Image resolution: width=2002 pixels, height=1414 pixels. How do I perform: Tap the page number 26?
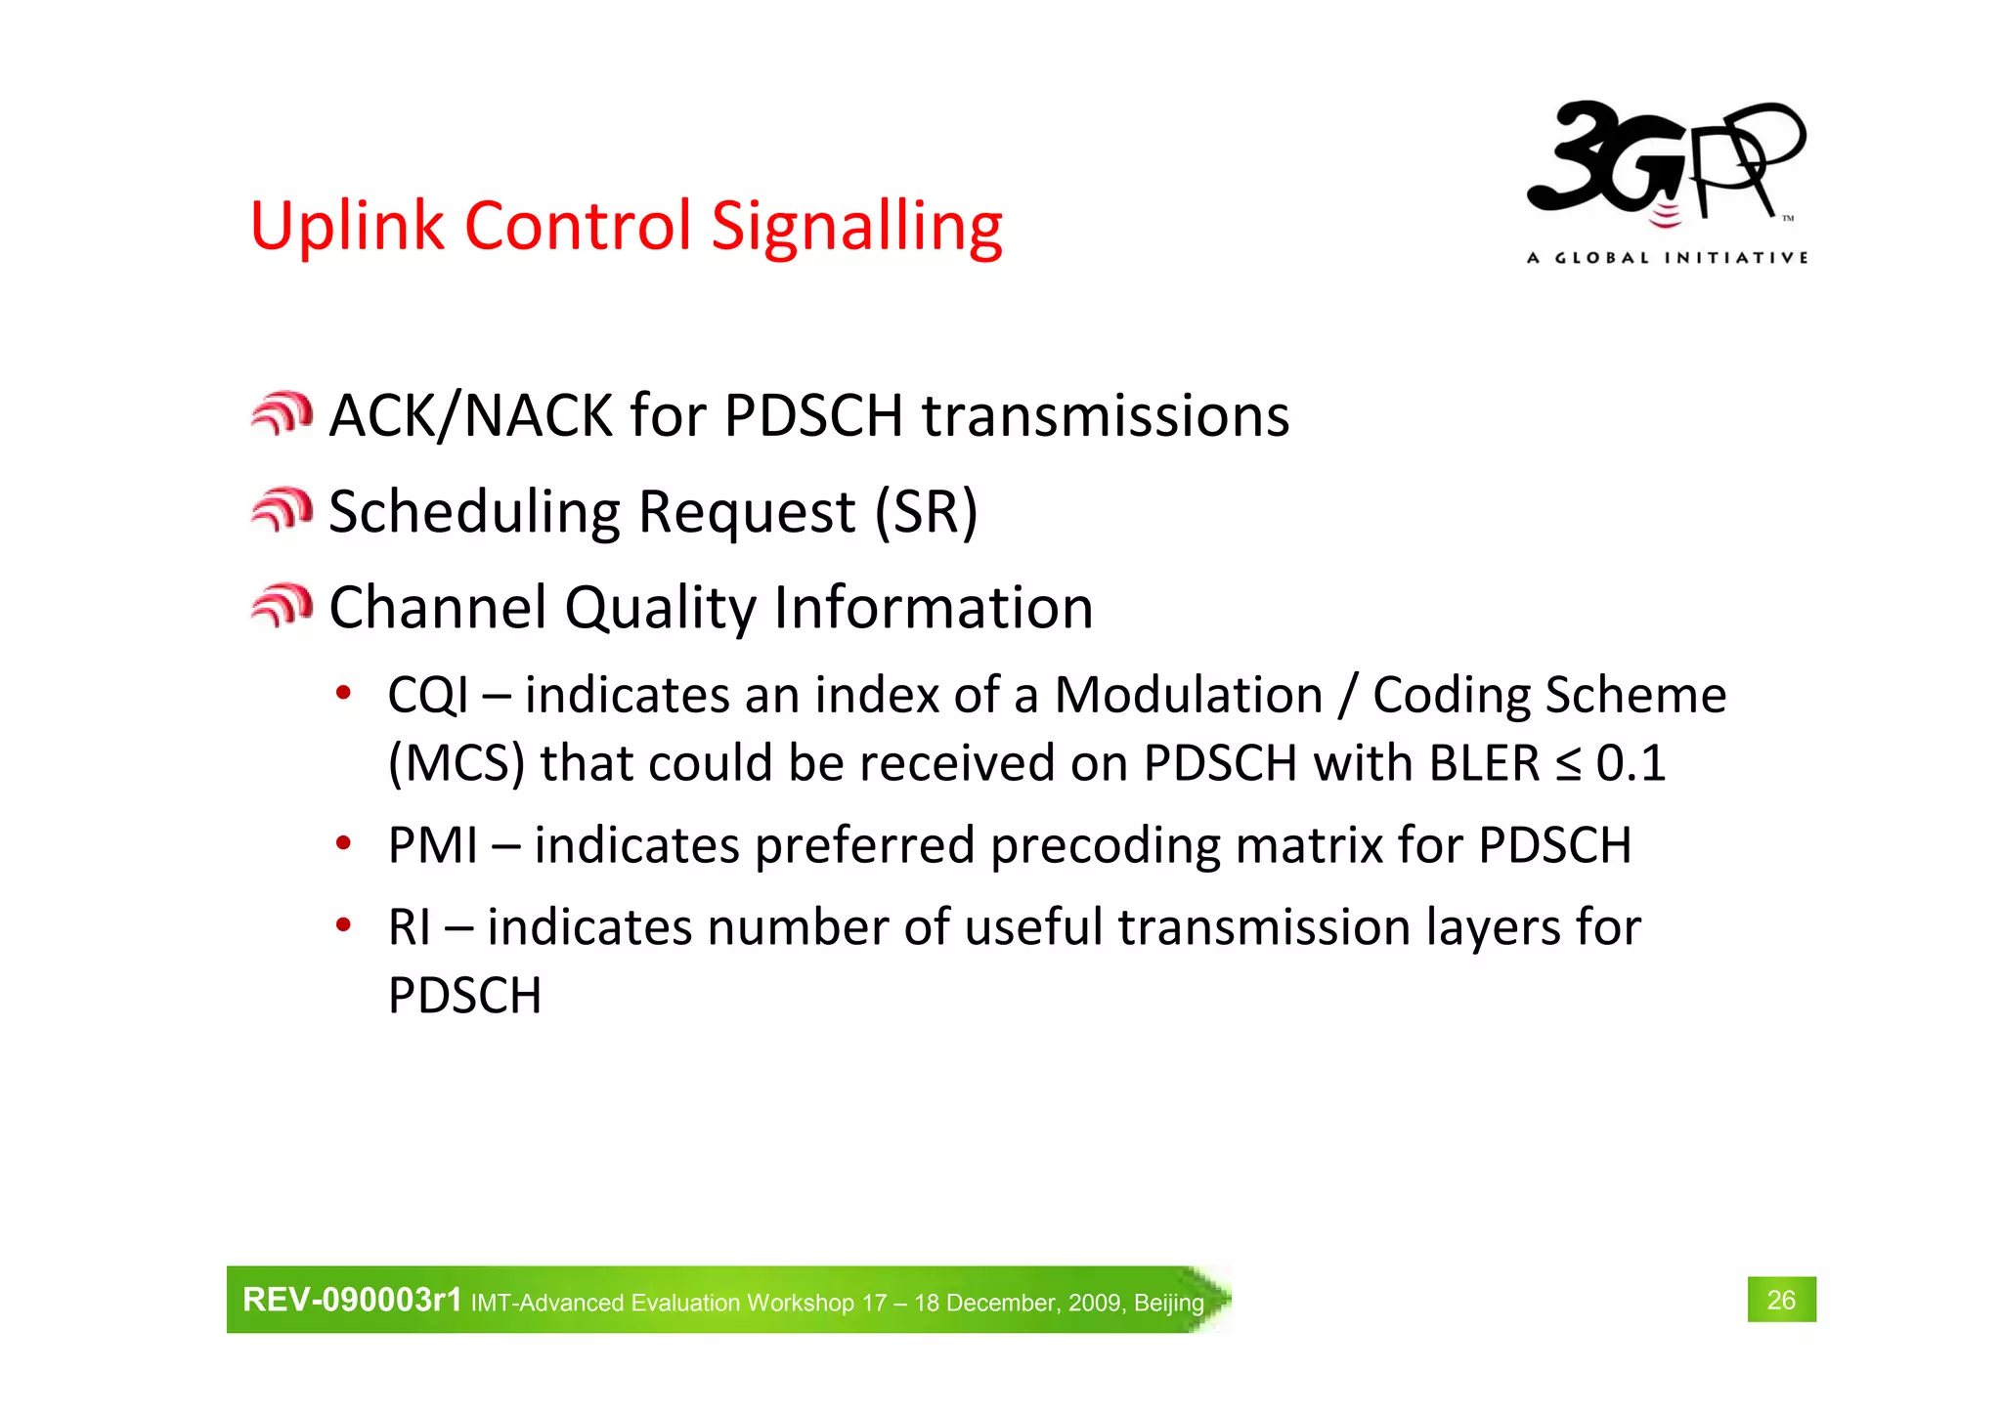[1781, 1300]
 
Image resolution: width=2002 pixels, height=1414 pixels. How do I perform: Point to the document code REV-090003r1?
[352, 1300]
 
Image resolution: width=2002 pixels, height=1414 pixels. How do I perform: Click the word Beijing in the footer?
[1169, 1303]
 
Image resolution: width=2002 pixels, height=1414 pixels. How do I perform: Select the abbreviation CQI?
[428, 696]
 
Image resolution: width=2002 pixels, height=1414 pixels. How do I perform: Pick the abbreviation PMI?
[432, 845]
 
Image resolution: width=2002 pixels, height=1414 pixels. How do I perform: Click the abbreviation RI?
[409, 927]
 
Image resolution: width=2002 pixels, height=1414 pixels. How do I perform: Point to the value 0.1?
[1631, 763]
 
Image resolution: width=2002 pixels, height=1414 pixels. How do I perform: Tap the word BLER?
[1484, 763]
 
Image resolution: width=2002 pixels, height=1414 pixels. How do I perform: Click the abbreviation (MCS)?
[456, 763]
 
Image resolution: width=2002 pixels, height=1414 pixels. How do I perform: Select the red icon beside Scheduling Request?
[282, 510]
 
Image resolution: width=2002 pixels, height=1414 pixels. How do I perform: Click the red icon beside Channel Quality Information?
[282, 606]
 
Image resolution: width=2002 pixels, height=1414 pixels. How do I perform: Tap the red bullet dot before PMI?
[343, 842]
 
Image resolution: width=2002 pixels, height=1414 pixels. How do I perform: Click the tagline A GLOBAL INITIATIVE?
[1667, 258]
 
